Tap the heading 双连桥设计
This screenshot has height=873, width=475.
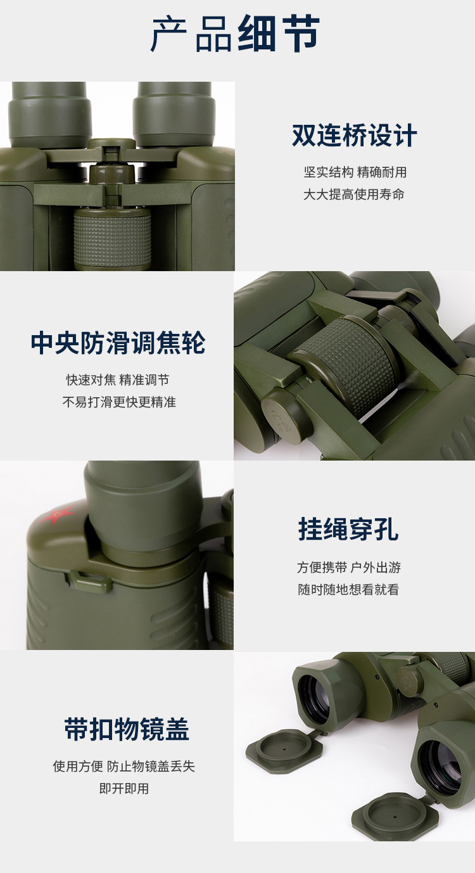coord(355,135)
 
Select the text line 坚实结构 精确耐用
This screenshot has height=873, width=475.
coord(355,172)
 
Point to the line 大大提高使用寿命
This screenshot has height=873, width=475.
coord(354,194)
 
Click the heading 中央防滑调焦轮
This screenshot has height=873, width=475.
coord(118,343)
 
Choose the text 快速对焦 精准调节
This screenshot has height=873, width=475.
coord(118,379)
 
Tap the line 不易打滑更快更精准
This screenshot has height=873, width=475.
coord(119,402)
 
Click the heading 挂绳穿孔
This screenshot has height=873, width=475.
coord(348,529)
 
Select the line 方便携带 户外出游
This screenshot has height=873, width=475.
coord(349,567)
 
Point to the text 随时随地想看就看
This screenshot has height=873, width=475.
coord(348,589)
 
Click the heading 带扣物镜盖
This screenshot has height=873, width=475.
coord(127,729)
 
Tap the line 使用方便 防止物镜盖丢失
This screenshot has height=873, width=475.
coord(123,766)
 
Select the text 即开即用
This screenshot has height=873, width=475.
coord(124,789)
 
